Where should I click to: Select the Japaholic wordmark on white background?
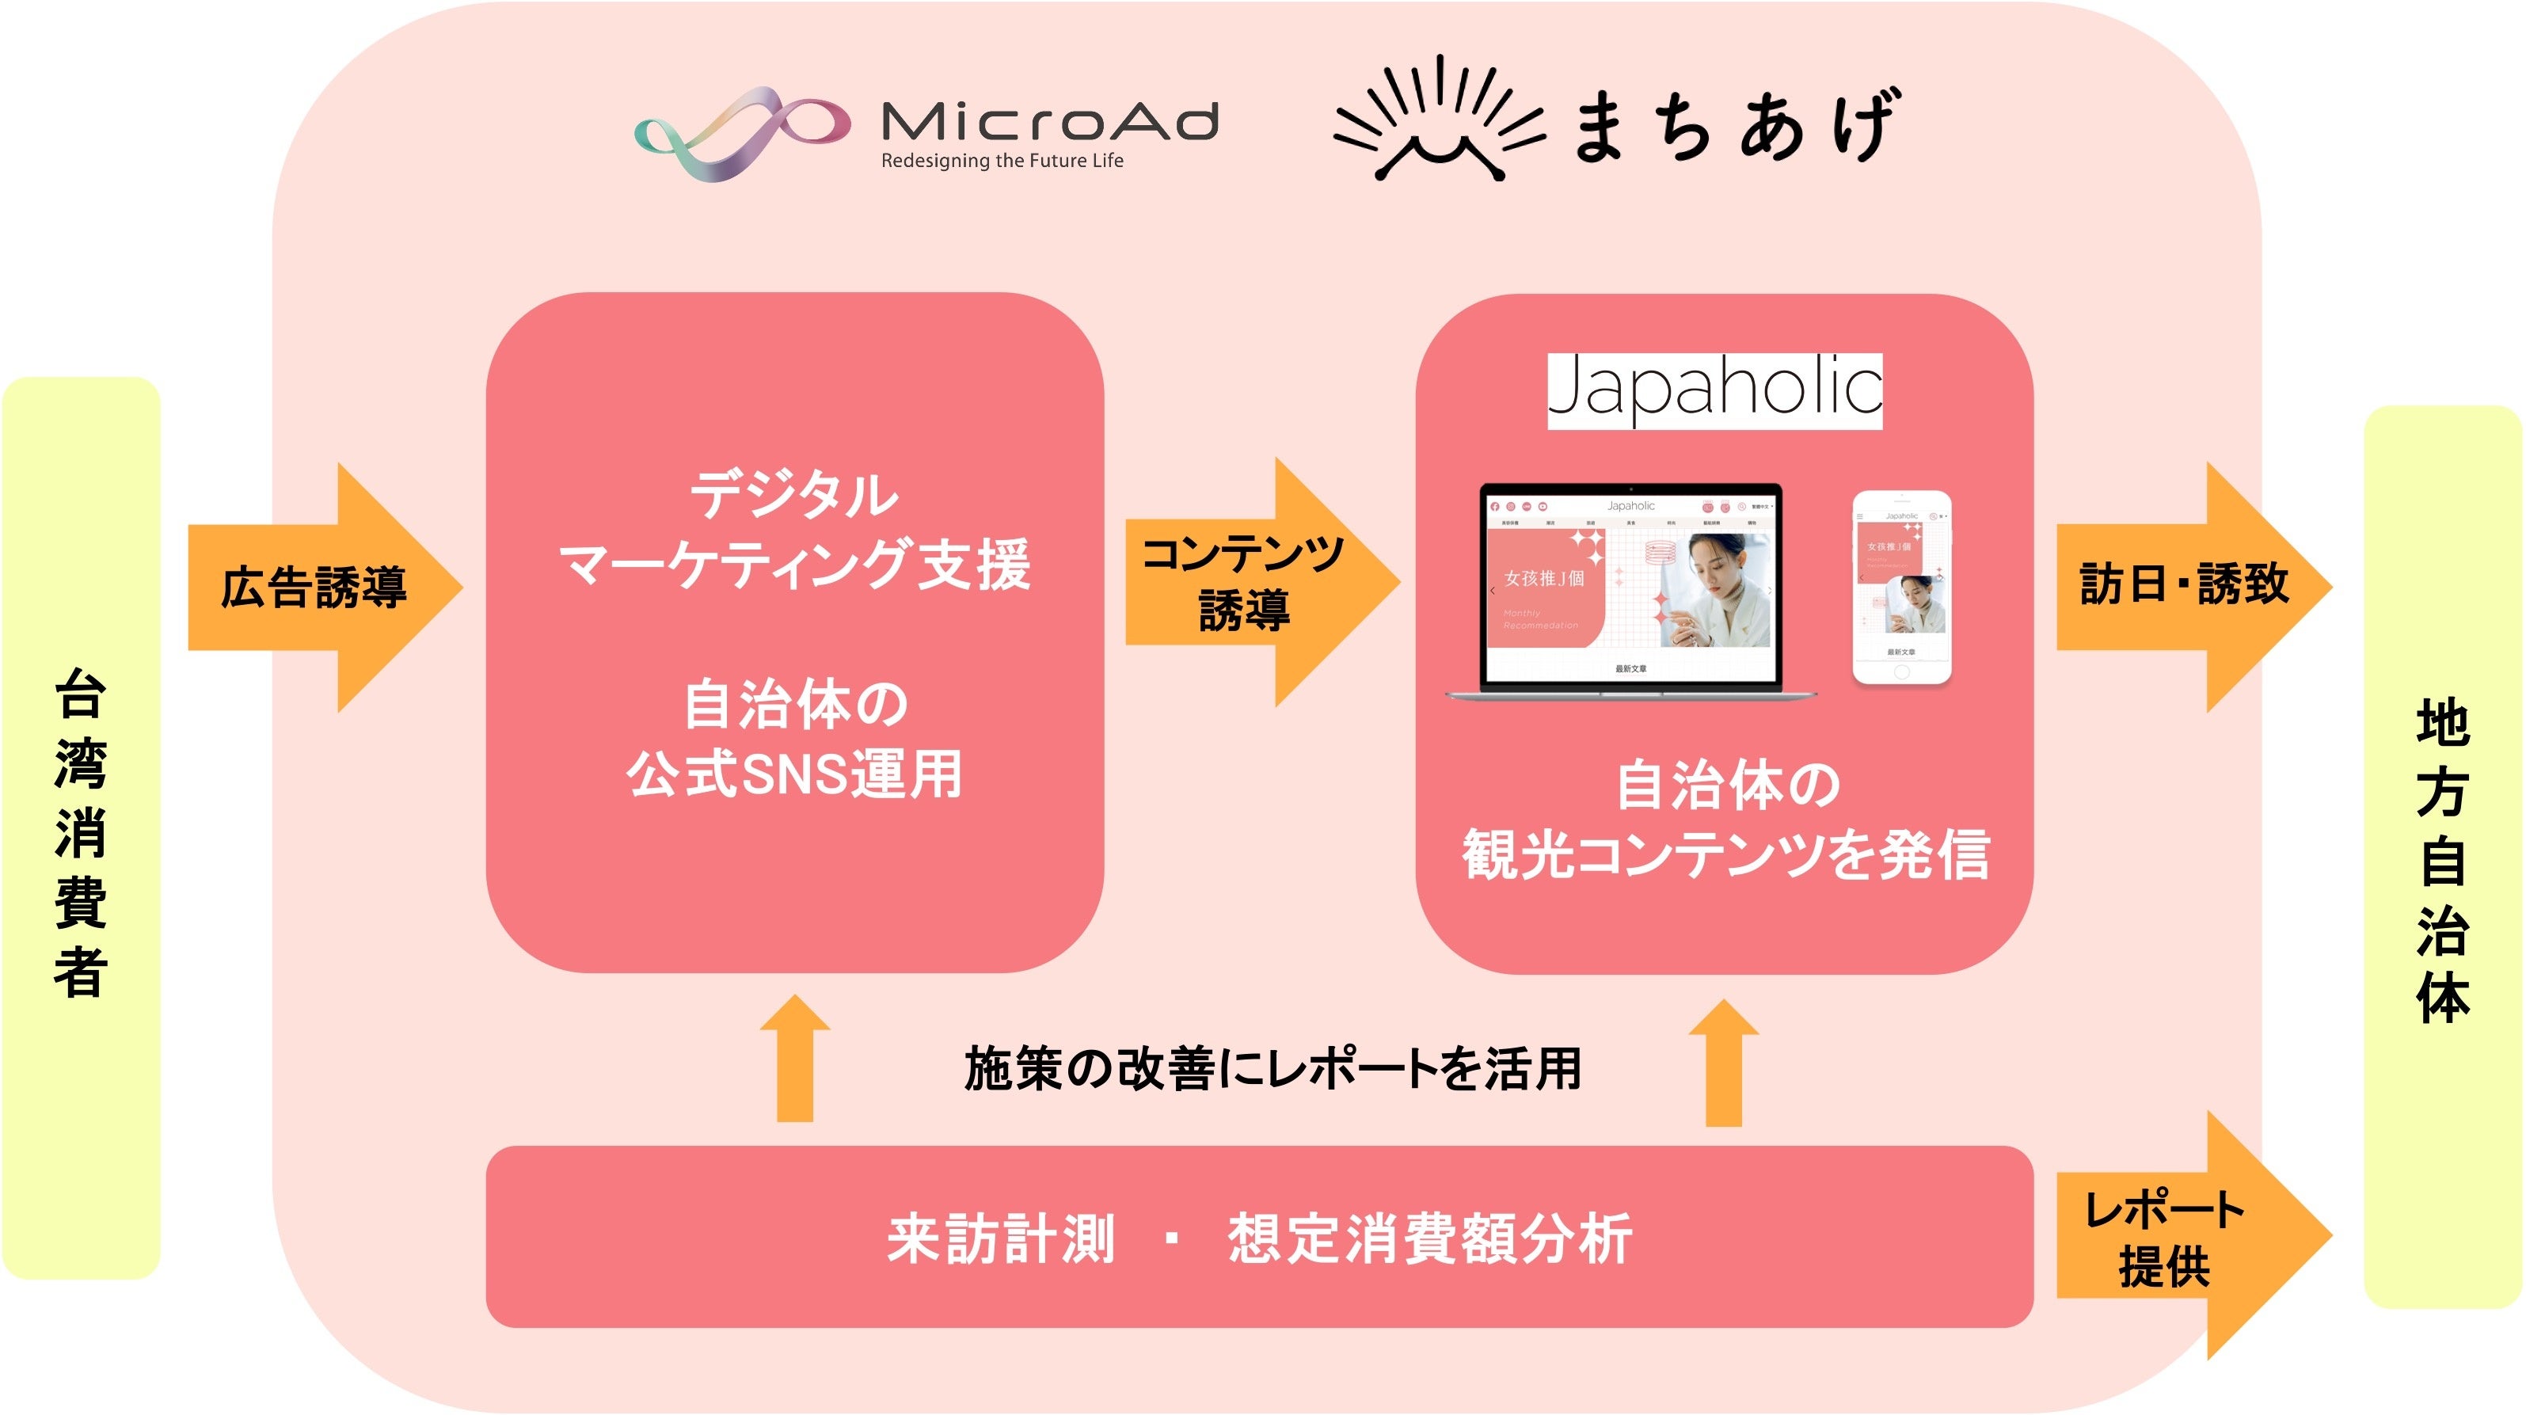[1714, 390]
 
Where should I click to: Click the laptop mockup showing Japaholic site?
[1630, 591]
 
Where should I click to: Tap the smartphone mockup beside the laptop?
[1901, 588]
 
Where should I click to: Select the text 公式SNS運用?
[794, 774]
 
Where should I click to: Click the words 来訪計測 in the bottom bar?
[1000, 1238]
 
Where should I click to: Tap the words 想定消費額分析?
[1430, 1238]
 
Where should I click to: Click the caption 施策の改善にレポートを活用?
[1272, 1068]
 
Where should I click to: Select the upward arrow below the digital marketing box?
[795, 1059]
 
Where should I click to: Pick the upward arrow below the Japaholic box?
[1724, 1063]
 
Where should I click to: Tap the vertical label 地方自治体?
[2442, 859]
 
